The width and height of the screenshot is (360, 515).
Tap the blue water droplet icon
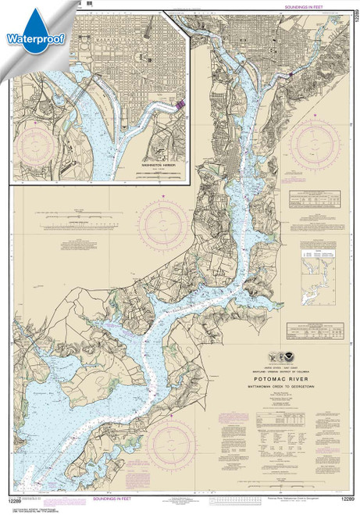29,16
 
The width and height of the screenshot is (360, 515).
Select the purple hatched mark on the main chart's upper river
291,73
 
